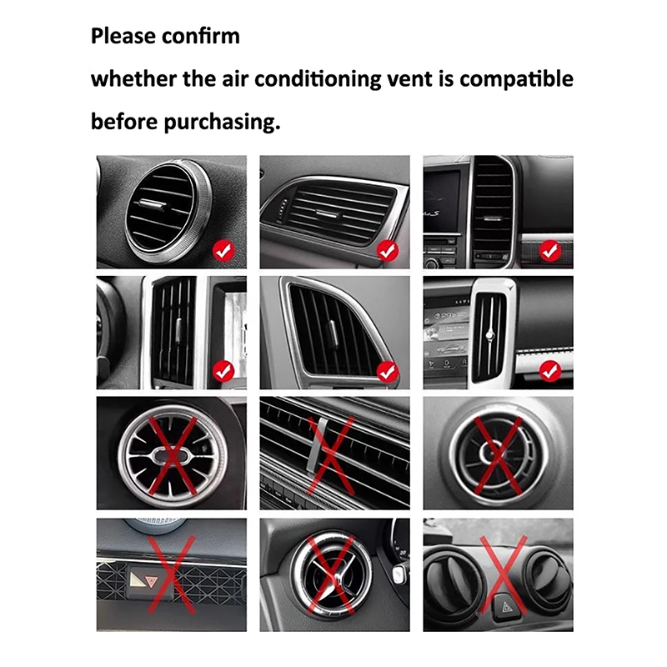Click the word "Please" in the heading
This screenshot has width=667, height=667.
point(123,36)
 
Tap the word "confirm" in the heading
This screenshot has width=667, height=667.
point(201,36)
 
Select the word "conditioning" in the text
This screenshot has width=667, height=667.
point(318,79)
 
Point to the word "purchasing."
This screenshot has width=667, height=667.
point(222,123)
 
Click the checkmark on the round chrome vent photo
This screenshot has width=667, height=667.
point(223,250)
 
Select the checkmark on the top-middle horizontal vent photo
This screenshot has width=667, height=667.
point(387,251)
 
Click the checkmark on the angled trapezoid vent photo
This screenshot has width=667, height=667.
point(387,371)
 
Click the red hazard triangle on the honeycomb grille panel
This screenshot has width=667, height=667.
point(150,581)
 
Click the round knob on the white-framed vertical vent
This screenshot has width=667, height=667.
point(490,335)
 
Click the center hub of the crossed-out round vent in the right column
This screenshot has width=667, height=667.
point(491,453)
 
